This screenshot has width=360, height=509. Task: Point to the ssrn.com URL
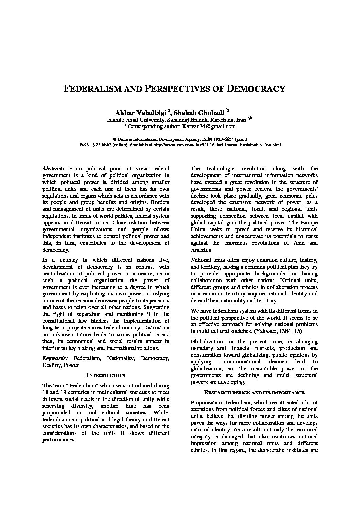217,145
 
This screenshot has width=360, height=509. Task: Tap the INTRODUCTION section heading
106,375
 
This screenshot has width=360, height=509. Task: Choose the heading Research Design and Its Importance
254,393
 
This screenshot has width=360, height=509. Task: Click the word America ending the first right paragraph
201,250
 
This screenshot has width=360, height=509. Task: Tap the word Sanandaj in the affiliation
180,120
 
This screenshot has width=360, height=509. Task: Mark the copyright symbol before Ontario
114,139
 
